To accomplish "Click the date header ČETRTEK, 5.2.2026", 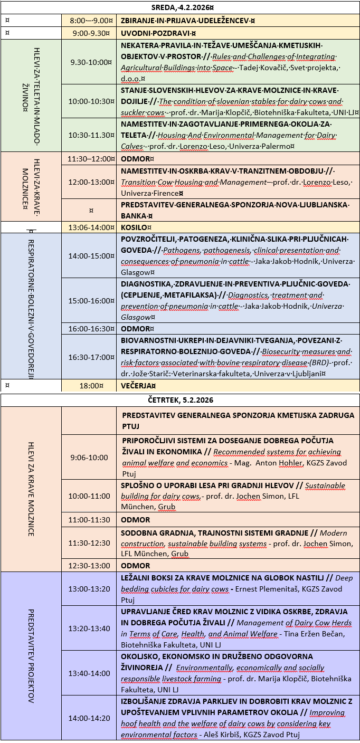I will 180,400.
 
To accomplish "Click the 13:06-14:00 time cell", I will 91,227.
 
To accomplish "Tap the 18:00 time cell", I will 91,386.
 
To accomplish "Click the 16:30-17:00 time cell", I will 91,357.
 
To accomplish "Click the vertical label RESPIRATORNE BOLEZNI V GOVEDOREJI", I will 31,306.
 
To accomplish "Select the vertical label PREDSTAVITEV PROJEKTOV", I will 31,656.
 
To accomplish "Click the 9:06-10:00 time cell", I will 89,458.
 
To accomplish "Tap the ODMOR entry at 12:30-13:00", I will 136,565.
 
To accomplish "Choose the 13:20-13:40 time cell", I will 89,628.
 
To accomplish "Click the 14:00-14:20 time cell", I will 89,718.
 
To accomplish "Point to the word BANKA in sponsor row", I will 135,215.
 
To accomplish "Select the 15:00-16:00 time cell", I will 91,301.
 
